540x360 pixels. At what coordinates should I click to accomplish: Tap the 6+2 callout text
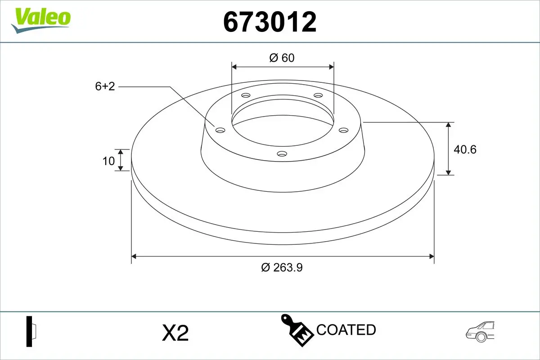pyautogui.click(x=105, y=86)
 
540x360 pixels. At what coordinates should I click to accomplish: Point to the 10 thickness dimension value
pyautogui.click(x=108, y=161)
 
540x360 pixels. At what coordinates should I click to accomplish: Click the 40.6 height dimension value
pyautogui.click(x=465, y=149)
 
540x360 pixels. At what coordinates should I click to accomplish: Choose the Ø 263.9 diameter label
pyautogui.click(x=282, y=267)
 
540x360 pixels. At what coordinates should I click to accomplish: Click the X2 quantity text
pyautogui.click(x=175, y=333)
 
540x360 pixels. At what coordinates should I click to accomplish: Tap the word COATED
pyautogui.click(x=346, y=330)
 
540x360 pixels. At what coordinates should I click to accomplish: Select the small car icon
pyautogui.click(x=480, y=332)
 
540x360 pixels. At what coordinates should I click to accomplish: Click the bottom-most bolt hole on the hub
pyautogui.click(x=282, y=154)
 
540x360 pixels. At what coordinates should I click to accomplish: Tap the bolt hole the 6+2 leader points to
pyautogui.click(x=220, y=130)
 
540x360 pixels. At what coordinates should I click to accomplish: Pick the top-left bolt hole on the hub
pyautogui.click(x=246, y=95)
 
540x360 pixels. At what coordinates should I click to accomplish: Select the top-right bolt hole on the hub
pyautogui.click(x=319, y=95)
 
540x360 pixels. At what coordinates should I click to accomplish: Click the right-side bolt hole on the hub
pyautogui.click(x=344, y=130)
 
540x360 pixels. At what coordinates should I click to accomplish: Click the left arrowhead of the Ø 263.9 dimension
pyautogui.click(x=134, y=256)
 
